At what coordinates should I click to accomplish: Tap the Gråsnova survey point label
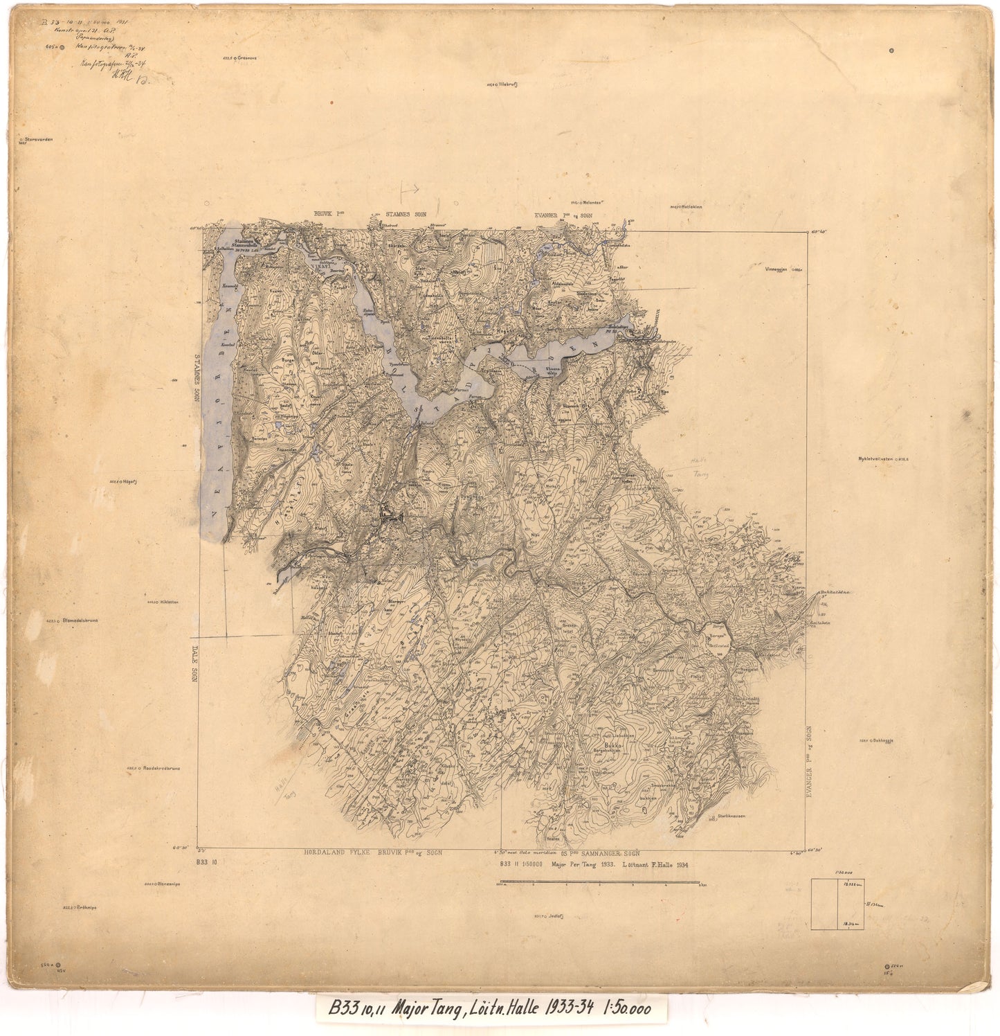pos(246,59)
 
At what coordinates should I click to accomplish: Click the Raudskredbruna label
pos(161,768)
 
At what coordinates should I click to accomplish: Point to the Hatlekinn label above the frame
pos(691,206)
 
